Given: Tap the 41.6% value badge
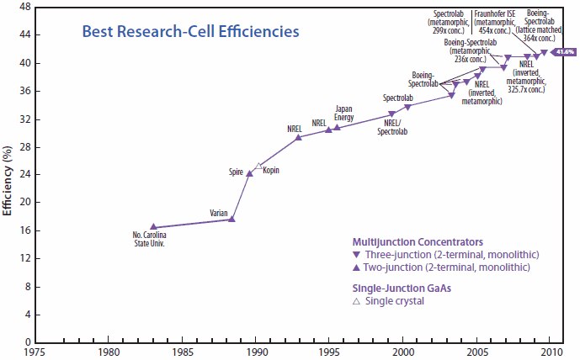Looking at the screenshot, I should pyautogui.click(x=564, y=52).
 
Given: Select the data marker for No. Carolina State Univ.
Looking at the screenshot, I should pyautogui.click(x=153, y=226).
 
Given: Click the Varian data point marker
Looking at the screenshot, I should pyautogui.click(x=232, y=219).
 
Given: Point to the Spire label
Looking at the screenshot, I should pyautogui.click(x=236, y=172).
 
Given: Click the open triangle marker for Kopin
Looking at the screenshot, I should pyautogui.click(x=259, y=166).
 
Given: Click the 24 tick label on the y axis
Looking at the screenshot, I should pyautogui.click(x=27, y=174).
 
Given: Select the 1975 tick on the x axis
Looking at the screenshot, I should pyautogui.click(x=35, y=351).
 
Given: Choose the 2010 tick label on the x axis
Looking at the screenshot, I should pyautogui.click(x=551, y=351).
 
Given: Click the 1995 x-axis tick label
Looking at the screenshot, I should pyautogui.click(x=330, y=351).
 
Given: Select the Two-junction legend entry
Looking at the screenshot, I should pyautogui.click(x=447, y=267).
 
